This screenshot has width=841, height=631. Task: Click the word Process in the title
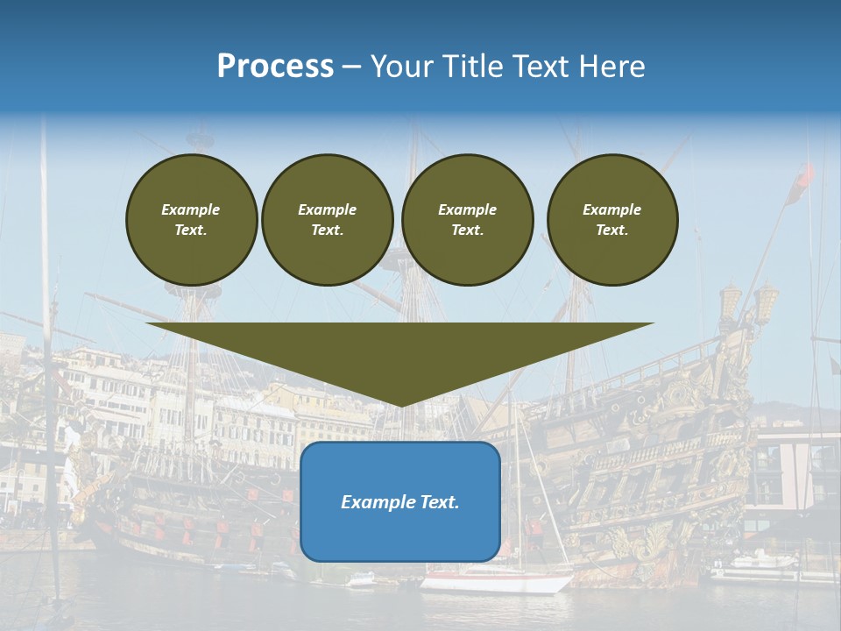click(x=275, y=67)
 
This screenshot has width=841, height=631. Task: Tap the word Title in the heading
click(x=471, y=67)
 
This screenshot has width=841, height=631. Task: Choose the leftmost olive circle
click(x=191, y=219)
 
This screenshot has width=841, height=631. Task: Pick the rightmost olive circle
click(x=612, y=219)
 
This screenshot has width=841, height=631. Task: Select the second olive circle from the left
click(x=328, y=219)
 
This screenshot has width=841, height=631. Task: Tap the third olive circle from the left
click(x=467, y=219)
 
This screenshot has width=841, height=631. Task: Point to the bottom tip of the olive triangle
click(x=400, y=404)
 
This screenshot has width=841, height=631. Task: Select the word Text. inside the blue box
click(x=440, y=502)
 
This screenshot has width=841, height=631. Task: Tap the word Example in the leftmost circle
click(x=191, y=209)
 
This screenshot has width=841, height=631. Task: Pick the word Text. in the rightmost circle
click(x=612, y=230)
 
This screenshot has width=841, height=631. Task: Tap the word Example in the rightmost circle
click(x=612, y=209)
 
